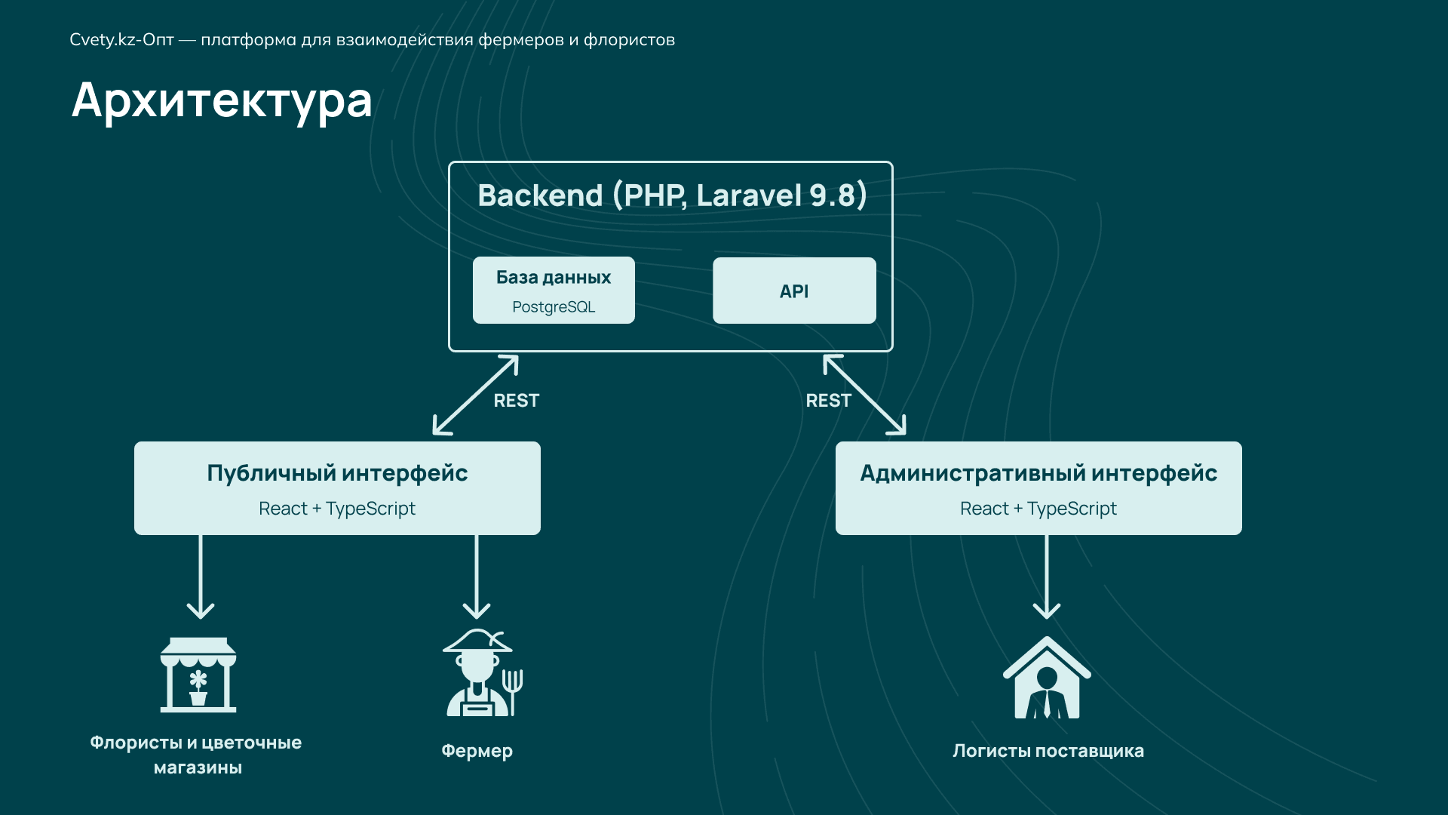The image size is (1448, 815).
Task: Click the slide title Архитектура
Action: pos(222,100)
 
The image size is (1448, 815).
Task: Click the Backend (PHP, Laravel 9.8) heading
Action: pos(672,195)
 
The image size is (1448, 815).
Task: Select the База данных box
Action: pos(554,290)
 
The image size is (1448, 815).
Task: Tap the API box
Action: pos(794,291)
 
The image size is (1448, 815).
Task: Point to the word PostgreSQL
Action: pos(554,307)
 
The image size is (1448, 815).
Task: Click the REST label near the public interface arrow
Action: pos(516,401)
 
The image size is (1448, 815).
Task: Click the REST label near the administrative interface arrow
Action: pos(828,401)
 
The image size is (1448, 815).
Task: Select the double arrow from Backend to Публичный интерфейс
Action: pos(475,395)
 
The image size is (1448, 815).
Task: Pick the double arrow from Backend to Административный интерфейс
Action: pos(864,395)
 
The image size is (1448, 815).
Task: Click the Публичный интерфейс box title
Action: pos(337,473)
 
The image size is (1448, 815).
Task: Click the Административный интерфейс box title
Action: pos(1038,473)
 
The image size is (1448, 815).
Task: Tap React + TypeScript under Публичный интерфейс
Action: pos(337,509)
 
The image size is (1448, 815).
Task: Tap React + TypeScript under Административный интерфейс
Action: pos(1038,509)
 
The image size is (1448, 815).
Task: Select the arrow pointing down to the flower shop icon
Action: pos(201,577)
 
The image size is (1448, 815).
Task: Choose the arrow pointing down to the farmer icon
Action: pos(477,577)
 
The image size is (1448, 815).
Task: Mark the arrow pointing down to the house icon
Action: pos(1047,577)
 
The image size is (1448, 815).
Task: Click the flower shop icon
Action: pos(198,675)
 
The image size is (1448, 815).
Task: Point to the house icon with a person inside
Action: pos(1047,678)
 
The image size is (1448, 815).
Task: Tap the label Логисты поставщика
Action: pos(1048,751)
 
